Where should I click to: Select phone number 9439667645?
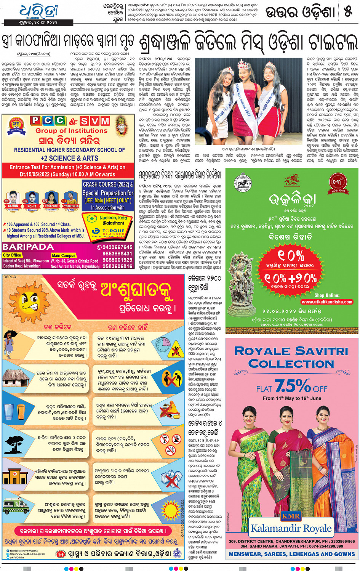pos(117,247)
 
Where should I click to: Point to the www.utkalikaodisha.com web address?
pos(327,302)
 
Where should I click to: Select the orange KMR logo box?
pos(290,516)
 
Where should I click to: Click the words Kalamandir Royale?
pos(291,528)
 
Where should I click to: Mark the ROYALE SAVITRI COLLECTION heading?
pos(291,357)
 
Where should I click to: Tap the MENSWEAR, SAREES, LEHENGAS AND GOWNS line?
pos(291,554)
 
